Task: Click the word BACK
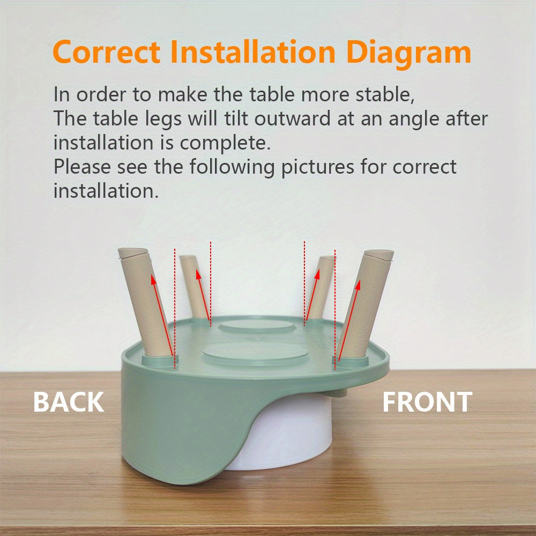coord(69,402)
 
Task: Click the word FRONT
coord(427,402)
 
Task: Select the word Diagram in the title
coord(408,53)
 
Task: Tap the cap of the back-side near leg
coord(132,251)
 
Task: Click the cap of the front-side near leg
coord(379,254)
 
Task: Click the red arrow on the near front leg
coord(348,322)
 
